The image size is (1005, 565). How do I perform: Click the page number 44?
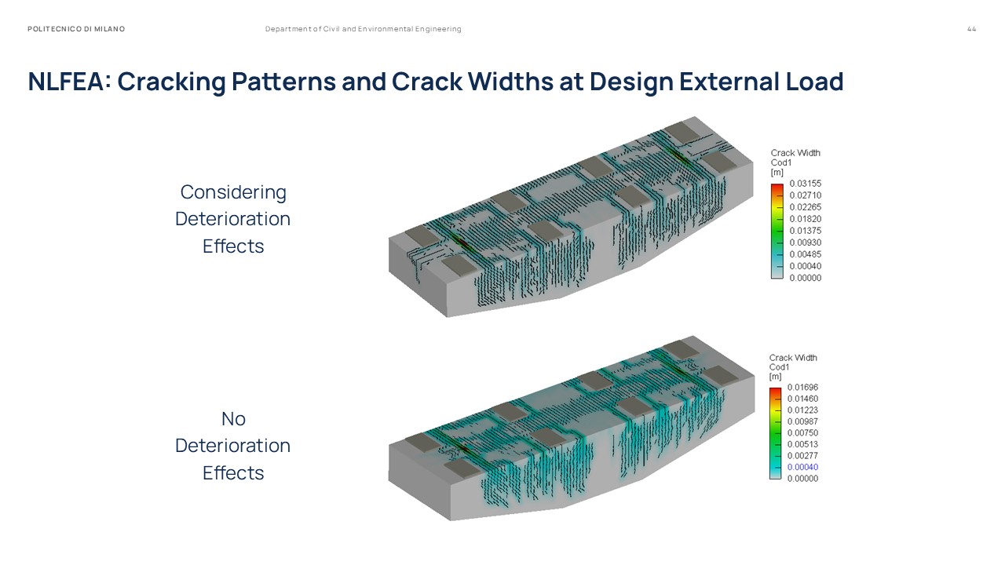971,29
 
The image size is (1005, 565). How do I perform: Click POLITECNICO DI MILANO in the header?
76,29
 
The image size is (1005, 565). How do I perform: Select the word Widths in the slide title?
510,82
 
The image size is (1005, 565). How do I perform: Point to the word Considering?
233,192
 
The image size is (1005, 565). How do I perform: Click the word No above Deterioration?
233,419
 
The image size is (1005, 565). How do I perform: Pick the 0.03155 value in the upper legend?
806,184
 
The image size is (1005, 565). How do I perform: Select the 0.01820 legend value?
806,219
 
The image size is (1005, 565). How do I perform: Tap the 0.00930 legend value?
806,242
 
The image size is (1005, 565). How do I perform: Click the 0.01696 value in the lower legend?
802,387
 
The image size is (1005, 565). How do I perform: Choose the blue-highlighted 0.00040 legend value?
802,467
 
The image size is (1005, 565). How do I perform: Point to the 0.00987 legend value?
802,421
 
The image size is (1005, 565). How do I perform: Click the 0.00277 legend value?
802,456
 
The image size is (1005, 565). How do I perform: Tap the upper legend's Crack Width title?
795,153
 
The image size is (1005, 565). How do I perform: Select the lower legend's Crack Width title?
793,358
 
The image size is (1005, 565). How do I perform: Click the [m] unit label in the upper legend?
777,173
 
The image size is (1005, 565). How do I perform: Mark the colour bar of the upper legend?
777,231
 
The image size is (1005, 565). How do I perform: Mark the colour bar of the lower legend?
775,433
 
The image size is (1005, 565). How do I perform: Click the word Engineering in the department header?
438,29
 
